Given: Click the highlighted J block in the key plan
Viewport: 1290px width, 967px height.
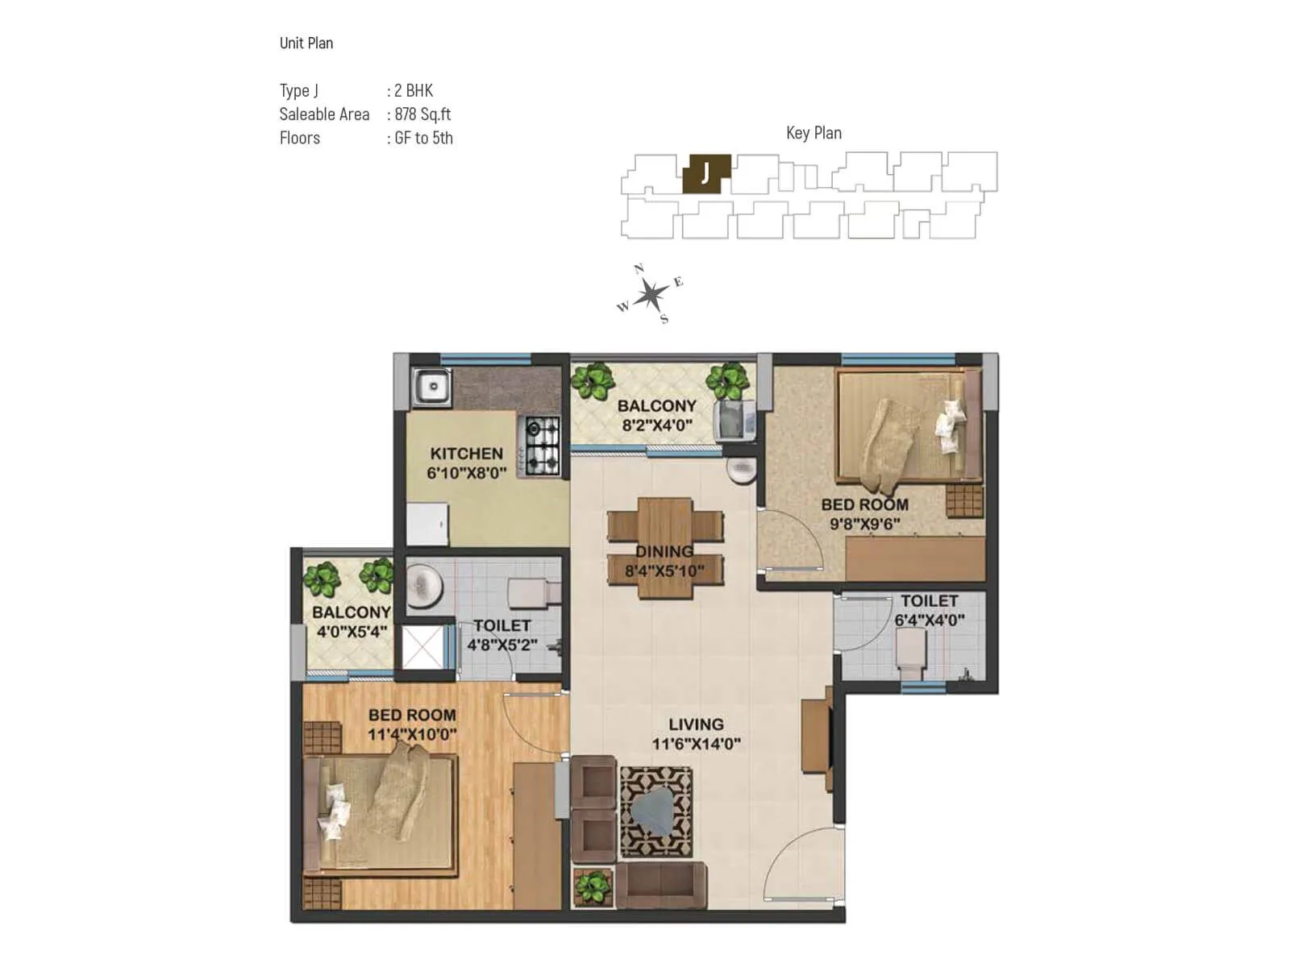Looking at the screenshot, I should (706, 173).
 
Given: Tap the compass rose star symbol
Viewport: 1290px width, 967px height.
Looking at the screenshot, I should (650, 296).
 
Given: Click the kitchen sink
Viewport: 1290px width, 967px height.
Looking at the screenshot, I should (432, 387).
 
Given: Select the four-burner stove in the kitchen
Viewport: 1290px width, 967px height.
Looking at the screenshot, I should (543, 445).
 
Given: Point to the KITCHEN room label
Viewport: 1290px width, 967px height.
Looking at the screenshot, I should (466, 454).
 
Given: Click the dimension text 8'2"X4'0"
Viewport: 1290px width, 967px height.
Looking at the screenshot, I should (656, 425).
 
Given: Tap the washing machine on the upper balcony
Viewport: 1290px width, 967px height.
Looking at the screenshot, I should (734, 420).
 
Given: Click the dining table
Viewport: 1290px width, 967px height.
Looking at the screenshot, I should (665, 548).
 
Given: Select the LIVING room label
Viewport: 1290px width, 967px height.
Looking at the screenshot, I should (696, 724).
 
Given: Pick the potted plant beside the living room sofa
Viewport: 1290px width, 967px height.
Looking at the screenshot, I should (593, 887).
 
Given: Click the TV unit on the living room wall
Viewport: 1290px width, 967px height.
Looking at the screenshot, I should (817, 733).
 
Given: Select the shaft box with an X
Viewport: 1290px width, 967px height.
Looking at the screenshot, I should (422, 646).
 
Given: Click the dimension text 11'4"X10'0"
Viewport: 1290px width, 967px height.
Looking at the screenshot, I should (412, 735).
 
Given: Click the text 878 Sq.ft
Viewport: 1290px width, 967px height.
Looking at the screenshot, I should (422, 114).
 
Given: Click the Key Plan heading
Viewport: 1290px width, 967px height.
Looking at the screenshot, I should (814, 133).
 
